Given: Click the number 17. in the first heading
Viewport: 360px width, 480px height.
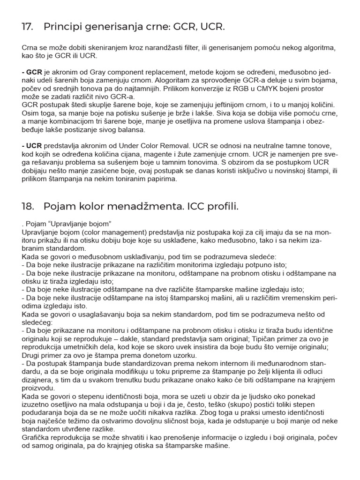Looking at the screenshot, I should click(x=28, y=27).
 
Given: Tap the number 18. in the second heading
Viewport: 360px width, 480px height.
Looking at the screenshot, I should click(x=28, y=206).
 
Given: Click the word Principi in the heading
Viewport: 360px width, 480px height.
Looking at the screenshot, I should click(x=62, y=27).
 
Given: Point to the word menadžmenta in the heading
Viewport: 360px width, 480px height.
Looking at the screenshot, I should click(x=141, y=206).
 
